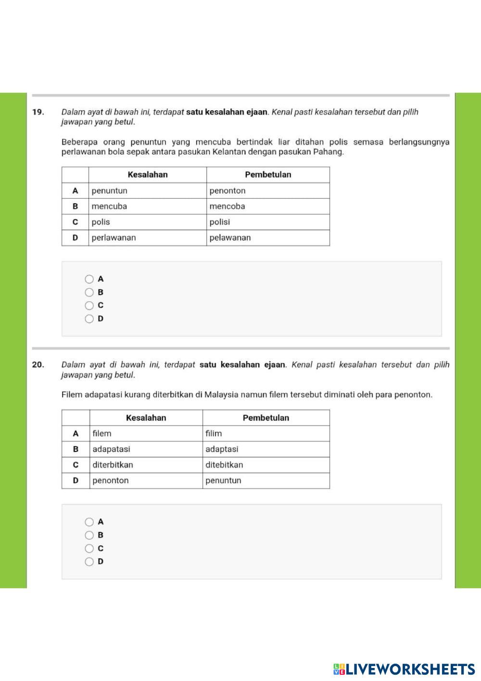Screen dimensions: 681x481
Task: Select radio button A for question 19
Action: pyautogui.click(x=89, y=279)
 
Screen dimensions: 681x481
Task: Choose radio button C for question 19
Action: pyautogui.click(x=89, y=306)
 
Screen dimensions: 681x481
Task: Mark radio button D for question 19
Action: pyautogui.click(x=89, y=319)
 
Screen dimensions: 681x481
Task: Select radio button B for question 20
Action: pyautogui.click(x=89, y=535)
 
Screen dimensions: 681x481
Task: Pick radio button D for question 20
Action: pyautogui.click(x=89, y=562)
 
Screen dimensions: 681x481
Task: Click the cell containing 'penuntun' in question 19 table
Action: pyautogui.click(x=110, y=191)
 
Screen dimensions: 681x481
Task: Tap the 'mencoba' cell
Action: pyautogui.click(x=228, y=206)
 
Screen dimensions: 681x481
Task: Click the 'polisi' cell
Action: pyautogui.click(x=220, y=222)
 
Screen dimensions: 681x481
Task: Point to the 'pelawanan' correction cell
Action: pyautogui.click(x=230, y=238)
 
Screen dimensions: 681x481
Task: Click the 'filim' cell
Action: pyautogui.click(x=214, y=434)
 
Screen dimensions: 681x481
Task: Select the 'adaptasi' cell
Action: pyautogui.click(x=222, y=449)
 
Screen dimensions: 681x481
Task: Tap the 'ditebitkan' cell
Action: pyautogui.click(x=224, y=465)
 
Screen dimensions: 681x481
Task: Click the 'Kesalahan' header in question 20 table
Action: pyautogui.click(x=146, y=418)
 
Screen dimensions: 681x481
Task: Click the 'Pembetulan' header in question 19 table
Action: pyautogui.click(x=268, y=175)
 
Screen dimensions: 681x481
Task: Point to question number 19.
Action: pyautogui.click(x=38, y=112)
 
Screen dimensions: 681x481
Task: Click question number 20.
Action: pyautogui.click(x=38, y=365)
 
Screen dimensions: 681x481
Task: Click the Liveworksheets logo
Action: pyautogui.click(x=404, y=669)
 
